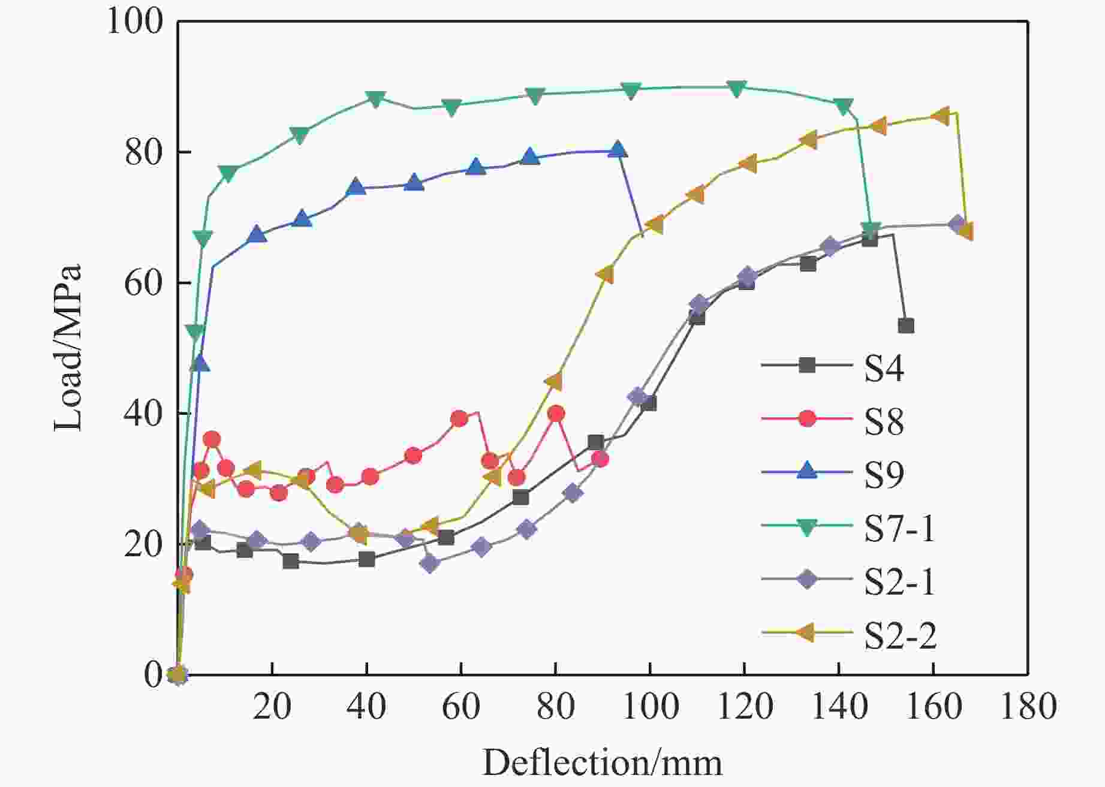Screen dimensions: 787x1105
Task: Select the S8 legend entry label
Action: point(884,421)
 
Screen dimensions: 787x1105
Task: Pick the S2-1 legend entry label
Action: point(899,582)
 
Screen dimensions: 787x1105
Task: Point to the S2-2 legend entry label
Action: point(900,635)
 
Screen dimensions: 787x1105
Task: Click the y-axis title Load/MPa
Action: point(68,348)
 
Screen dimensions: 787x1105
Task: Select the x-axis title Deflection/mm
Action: point(602,763)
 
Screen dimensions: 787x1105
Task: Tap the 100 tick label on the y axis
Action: point(136,22)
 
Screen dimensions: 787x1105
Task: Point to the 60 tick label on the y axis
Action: point(144,283)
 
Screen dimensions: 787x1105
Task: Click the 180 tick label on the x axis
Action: point(1028,707)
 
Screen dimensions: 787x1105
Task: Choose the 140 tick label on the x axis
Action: point(839,707)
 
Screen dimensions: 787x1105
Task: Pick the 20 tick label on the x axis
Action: point(272,707)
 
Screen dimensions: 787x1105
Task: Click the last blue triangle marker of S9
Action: point(617,150)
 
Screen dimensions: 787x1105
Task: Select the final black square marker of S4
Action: point(906,325)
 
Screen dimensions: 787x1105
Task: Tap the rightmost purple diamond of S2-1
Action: point(957,224)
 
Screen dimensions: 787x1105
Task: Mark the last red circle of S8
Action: point(600,459)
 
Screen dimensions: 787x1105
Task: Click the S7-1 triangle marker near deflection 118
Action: point(737,88)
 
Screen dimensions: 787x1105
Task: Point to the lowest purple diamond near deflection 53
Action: point(430,563)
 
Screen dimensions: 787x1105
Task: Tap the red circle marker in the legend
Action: point(808,418)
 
